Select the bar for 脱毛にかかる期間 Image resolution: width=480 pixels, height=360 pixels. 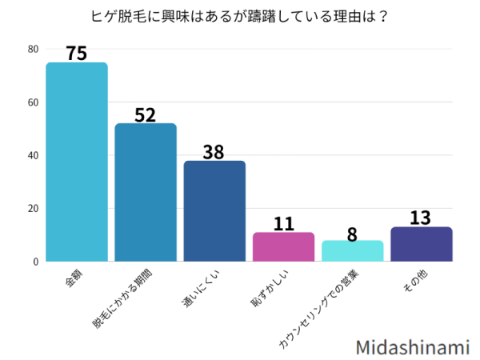(x=146, y=192)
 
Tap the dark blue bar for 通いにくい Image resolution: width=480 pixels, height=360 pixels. (x=214, y=211)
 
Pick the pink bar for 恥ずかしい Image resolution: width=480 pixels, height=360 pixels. (x=283, y=246)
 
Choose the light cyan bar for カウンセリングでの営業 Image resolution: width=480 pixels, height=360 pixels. (x=353, y=251)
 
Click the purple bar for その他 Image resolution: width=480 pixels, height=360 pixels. (x=422, y=244)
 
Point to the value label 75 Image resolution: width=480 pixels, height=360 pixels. (x=77, y=54)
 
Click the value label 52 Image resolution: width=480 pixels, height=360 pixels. (x=146, y=114)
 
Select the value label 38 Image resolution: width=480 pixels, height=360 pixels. (x=214, y=152)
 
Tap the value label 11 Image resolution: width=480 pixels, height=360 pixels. (x=283, y=223)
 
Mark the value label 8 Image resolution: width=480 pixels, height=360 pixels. (x=353, y=232)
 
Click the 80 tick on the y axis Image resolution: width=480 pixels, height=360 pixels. (x=33, y=50)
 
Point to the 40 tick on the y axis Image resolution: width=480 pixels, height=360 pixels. (x=33, y=155)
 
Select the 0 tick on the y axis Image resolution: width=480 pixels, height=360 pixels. (x=35, y=262)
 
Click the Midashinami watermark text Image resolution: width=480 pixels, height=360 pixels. (x=413, y=346)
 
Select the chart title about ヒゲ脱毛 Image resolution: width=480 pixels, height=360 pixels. (x=240, y=14)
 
